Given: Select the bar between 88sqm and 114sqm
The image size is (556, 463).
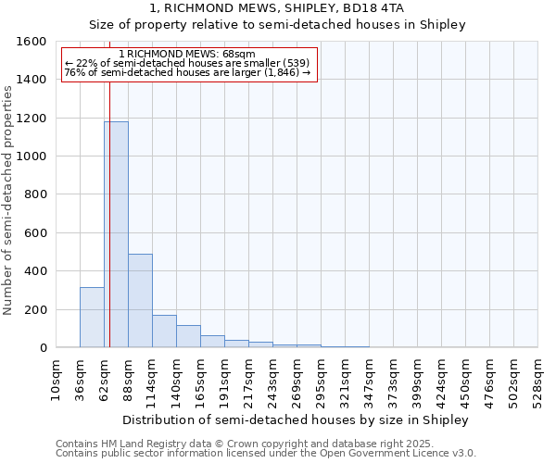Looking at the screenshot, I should tap(140, 300).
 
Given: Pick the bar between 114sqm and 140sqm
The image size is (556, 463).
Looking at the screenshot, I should tap(164, 331).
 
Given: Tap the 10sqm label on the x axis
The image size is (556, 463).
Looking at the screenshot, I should tap(57, 380).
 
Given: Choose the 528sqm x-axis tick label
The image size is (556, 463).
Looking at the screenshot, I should tap(538, 380).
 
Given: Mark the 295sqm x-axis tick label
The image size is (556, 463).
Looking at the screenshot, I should tap(322, 380).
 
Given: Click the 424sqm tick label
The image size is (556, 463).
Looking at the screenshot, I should tap(442, 380).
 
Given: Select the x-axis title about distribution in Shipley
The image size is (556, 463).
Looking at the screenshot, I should tap(296, 419).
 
